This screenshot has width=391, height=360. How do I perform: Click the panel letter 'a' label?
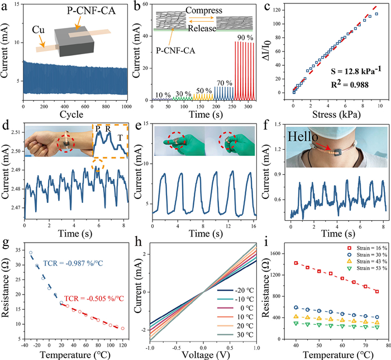[x=5, y=6]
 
